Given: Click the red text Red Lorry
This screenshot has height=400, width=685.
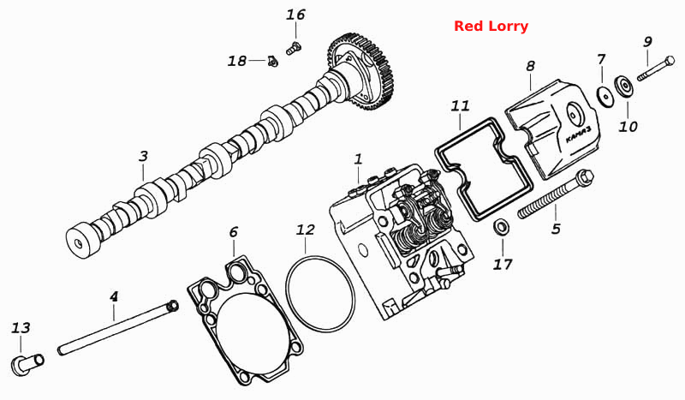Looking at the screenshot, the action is (x=491, y=27).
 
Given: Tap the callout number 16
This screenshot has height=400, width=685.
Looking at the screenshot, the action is (x=295, y=15).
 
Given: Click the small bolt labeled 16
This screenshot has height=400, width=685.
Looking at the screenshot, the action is (x=295, y=47).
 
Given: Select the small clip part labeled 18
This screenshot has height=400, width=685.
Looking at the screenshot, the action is (x=272, y=62).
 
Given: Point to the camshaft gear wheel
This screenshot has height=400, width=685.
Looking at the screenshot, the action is (x=361, y=70).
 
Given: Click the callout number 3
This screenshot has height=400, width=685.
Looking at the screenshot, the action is (x=143, y=157).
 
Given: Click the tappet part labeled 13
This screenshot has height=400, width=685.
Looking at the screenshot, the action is (x=27, y=365).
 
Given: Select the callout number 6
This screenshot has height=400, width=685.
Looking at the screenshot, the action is (x=234, y=232).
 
